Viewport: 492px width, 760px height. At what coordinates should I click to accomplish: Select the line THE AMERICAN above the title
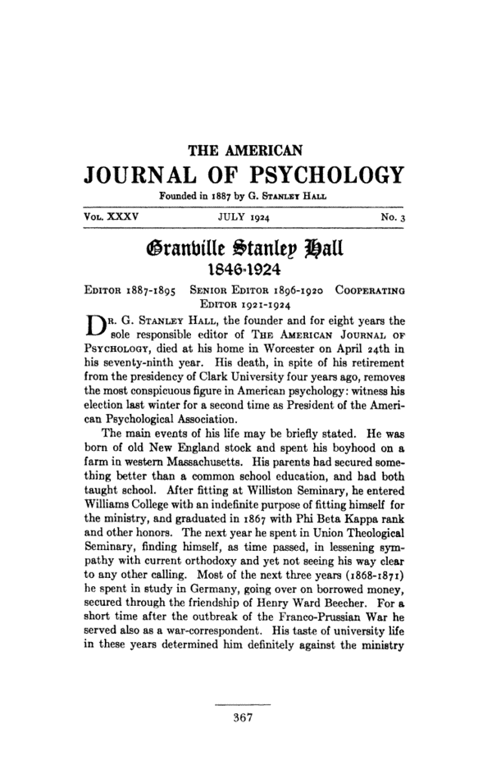[x=246, y=150]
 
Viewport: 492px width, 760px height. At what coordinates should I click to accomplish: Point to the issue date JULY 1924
[x=246, y=216]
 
